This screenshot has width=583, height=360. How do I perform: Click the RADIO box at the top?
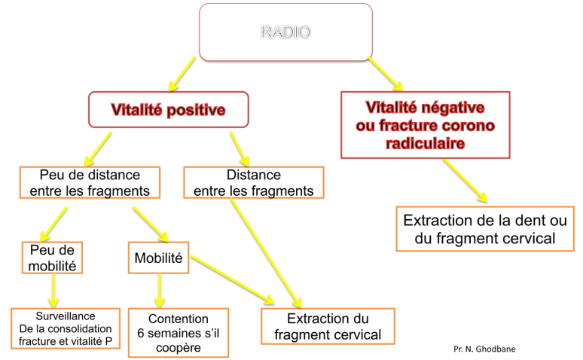pos(285,32)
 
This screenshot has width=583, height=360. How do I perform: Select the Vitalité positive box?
pos(169,110)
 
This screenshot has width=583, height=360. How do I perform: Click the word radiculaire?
pos(425,143)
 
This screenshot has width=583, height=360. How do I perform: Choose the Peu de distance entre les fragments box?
pos(90,182)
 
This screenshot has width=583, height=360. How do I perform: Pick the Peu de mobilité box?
pos(52,258)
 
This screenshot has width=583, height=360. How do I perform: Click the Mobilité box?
pos(158,258)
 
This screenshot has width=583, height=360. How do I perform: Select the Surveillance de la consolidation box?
pos(66,328)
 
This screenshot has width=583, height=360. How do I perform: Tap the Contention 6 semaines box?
pos(179,333)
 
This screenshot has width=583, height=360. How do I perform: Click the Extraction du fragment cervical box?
pos(328,326)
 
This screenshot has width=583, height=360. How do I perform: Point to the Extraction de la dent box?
pos(485,229)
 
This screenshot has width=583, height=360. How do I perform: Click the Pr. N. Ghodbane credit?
pos(484,349)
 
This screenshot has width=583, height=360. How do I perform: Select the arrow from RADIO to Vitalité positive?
pos(182,74)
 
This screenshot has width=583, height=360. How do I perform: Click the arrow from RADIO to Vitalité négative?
pos(385,74)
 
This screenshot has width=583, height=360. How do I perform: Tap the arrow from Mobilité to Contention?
pos(160,291)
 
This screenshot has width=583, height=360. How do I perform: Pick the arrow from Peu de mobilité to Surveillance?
pos(53,291)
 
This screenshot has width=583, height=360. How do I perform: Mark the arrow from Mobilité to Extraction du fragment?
pos(233,279)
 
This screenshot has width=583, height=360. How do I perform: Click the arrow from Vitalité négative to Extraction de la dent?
pos(465,181)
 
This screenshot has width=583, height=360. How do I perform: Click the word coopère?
pos(179,348)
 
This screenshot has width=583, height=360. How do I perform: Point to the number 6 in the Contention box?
pos(141,333)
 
